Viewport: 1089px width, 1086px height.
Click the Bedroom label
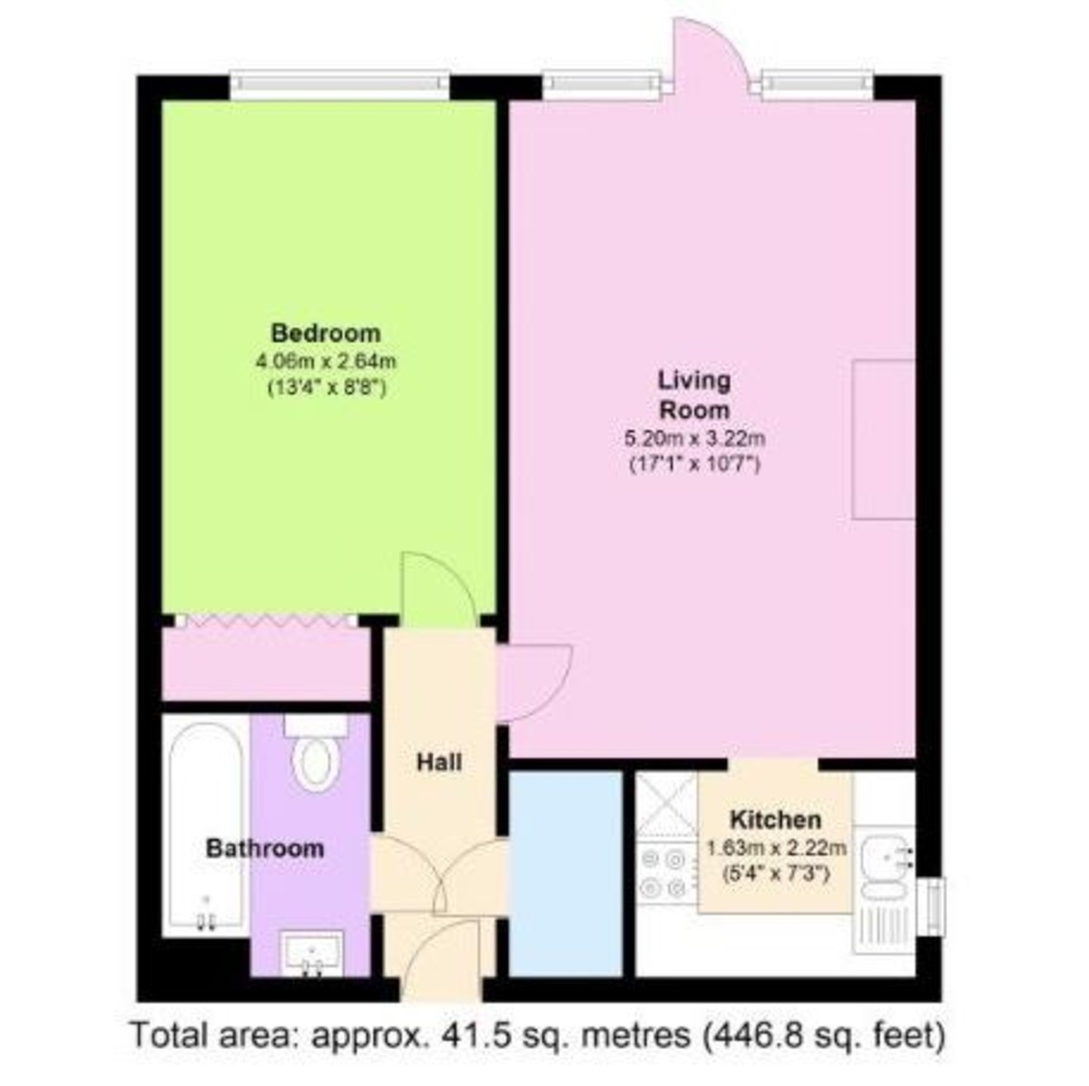326,332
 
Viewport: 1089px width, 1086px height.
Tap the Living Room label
694,394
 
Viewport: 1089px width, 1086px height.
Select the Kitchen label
776,820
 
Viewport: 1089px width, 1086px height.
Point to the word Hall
439,762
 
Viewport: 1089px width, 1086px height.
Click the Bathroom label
264,849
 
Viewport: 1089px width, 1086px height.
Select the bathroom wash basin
312,953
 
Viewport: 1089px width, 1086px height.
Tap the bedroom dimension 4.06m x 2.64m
327,361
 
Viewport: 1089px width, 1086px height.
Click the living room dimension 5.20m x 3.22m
695,440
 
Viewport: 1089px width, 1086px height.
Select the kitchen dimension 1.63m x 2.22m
776,849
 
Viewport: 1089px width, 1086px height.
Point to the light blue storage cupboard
565,872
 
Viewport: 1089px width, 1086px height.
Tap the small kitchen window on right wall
935,905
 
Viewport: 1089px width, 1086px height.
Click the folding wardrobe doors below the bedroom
266,621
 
